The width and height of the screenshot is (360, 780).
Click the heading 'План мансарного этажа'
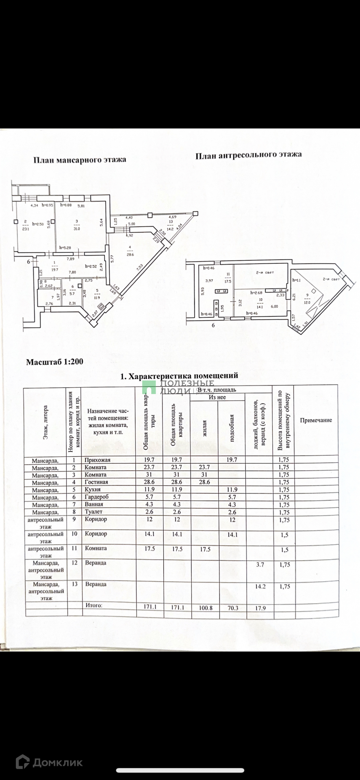click(x=80, y=160)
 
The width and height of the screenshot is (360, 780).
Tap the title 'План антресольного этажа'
click(x=248, y=155)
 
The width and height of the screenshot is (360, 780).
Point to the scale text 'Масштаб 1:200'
click(x=54, y=362)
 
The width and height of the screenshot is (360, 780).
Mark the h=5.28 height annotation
click(x=65, y=248)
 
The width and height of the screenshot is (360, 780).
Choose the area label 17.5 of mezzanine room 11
click(x=228, y=280)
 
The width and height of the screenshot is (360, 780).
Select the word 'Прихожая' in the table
click(x=97, y=460)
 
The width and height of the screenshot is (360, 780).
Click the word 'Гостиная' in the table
click(x=96, y=482)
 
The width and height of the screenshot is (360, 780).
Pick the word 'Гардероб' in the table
click(x=97, y=497)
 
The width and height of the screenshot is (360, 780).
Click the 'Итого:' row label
click(x=94, y=605)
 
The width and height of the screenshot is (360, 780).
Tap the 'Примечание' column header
click(x=316, y=420)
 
